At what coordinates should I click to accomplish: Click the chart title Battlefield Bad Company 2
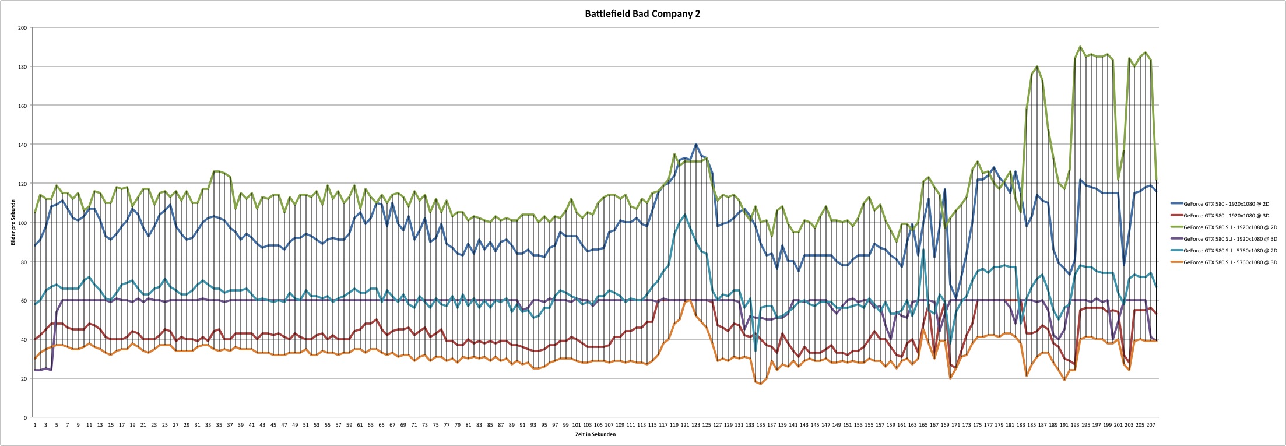[x=642, y=14]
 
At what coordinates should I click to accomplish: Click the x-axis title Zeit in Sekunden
[x=596, y=434]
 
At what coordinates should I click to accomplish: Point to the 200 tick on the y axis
[x=22, y=28]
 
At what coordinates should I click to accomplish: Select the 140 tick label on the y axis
[x=22, y=145]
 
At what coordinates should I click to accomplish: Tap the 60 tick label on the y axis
[x=23, y=301]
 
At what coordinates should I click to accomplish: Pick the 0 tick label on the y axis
[x=25, y=418]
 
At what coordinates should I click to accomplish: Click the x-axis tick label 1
[x=35, y=426]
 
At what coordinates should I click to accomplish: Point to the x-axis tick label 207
[x=1150, y=426]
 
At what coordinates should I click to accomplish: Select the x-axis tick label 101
[x=576, y=426]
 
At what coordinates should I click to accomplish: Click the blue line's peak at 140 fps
[x=696, y=144]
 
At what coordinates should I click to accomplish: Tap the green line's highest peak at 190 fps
[x=1080, y=47]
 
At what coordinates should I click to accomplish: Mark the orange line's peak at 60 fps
[x=689, y=300]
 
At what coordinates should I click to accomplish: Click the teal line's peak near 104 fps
[x=685, y=215]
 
